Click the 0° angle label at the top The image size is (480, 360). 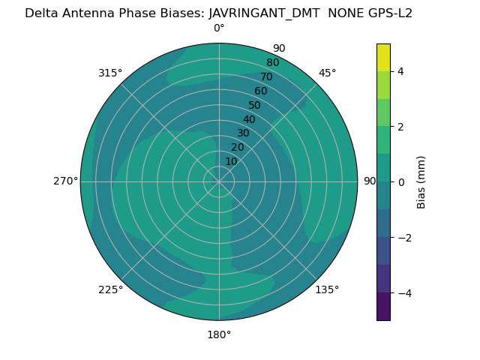219,28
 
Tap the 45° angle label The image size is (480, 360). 327,73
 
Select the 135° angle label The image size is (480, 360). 327,289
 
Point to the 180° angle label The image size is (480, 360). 219,334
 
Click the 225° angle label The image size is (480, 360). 110,289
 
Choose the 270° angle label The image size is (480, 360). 65,181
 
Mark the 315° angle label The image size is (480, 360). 110,73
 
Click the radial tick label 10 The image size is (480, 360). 231,161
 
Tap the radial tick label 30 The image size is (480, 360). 243,133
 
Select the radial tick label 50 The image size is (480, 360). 254,106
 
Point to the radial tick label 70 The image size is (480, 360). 266,77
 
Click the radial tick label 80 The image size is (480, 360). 272,63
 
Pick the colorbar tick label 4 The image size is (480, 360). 401,71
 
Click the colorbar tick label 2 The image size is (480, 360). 401,127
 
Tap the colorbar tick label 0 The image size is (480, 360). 401,182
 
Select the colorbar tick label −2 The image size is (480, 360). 404,238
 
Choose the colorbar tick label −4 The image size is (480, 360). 404,293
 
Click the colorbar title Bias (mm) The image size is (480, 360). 421,182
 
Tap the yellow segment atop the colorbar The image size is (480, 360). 383,57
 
